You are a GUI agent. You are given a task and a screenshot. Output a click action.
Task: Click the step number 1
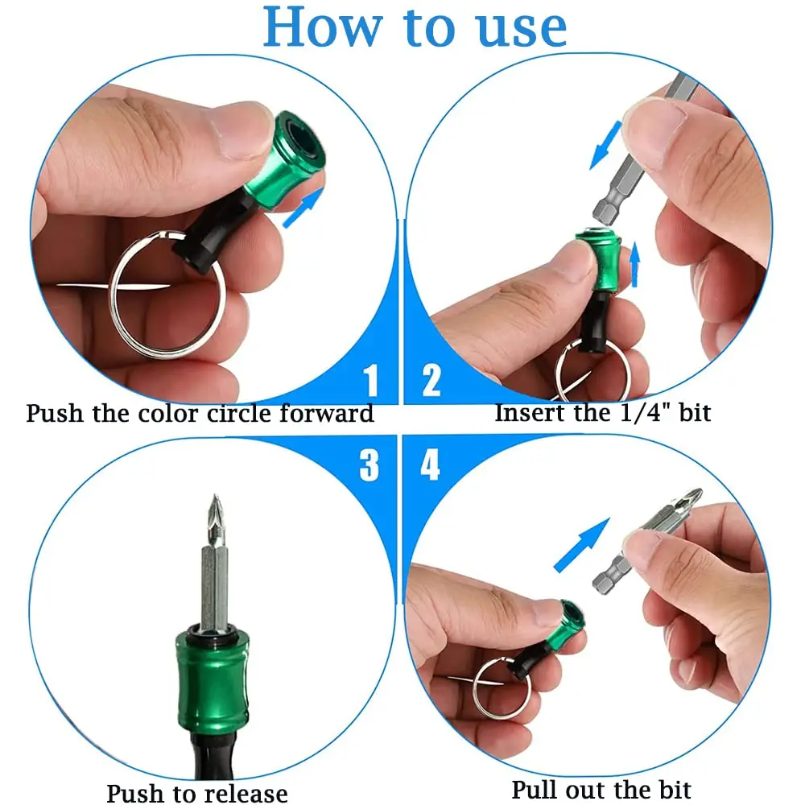[370, 379]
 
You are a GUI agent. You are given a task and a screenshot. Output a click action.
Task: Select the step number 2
[432, 379]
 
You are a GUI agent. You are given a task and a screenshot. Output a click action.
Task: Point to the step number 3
[369, 464]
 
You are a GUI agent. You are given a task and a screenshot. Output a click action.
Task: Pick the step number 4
[431, 464]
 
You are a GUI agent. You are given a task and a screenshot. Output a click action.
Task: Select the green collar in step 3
[212, 681]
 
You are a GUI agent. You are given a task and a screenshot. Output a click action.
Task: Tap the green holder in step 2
[601, 262]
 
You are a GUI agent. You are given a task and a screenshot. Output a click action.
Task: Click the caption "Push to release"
[197, 793]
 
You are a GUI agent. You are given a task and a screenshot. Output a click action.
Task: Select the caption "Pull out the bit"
[601, 789]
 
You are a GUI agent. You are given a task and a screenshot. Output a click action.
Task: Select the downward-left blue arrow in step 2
[605, 145]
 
